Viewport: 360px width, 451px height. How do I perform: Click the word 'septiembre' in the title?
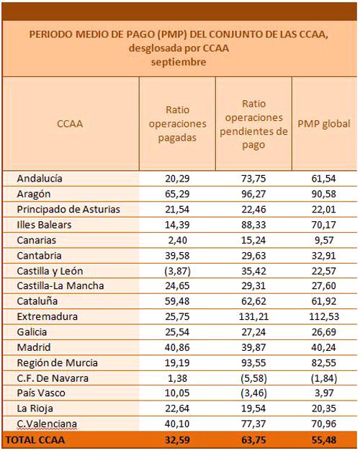click(x=179, y=62)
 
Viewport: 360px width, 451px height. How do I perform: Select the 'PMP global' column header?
click(x=324, y=124)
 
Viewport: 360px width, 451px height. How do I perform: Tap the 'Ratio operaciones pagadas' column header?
click(x=177, y=124)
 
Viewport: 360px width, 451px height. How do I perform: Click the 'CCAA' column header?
click(x=70, y=124)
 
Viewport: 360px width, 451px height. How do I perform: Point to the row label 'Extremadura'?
click(x=47, y=316)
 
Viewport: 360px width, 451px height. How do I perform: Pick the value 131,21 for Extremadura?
click(x=253, y=317)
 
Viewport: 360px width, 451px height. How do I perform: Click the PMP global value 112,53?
click(x=324, y=317)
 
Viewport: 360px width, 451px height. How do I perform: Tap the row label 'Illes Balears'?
click(x=44, y=225)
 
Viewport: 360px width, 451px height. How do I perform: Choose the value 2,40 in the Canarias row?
click(x=177, y=240)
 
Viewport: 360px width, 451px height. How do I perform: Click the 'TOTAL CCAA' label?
click(x=35, y=440)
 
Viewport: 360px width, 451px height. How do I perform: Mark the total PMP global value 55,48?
click(x=324, y=440)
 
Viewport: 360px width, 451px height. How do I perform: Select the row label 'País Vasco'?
click(x=41, y=393)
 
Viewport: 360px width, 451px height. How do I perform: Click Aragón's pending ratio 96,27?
click(x=253, y=194)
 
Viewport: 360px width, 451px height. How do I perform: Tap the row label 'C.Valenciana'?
click(x=47, y=424)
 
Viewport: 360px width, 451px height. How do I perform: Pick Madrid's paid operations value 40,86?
click(x=177, y=347)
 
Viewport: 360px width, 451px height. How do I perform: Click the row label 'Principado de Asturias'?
click(x=68, y=210)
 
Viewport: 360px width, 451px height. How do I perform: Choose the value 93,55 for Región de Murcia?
click(x=253, y=362)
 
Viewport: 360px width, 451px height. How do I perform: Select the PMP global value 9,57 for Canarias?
click(x=324, y=240)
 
